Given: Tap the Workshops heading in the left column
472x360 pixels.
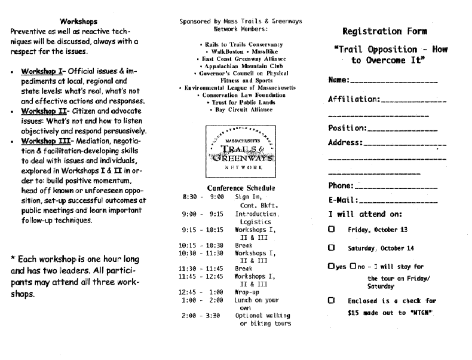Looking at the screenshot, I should click(79, 21).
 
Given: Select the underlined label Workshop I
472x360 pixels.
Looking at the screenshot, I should click(42, 71).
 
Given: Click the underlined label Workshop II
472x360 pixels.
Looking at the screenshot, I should click(43, 111).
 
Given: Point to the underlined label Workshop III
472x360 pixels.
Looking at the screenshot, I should click(45, 141).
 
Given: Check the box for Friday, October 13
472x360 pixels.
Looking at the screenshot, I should click(331, 229).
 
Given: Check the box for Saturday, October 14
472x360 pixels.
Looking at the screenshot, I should click(331, 248).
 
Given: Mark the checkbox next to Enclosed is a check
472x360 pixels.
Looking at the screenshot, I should click(331, 301).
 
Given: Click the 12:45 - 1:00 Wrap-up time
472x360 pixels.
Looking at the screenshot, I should click(201, 292).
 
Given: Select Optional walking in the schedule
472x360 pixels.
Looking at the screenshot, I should click(262, 315).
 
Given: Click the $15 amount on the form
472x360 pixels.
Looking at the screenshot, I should click(354, 312).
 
